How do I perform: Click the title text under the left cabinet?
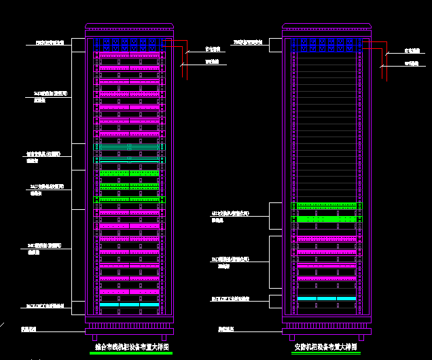130,347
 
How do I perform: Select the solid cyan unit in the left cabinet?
129,305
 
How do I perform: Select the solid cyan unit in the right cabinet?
327,298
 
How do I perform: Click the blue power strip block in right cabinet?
327,46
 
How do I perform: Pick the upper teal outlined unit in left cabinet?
129,146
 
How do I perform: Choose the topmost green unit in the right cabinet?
327,206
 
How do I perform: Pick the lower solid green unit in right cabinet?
327,219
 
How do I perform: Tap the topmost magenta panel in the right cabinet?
327,238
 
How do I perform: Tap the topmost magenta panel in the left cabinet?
129,55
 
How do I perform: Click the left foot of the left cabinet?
96,338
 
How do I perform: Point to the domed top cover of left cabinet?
129,26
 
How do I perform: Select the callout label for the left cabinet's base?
29,329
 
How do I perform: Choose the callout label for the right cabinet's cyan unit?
230,299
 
